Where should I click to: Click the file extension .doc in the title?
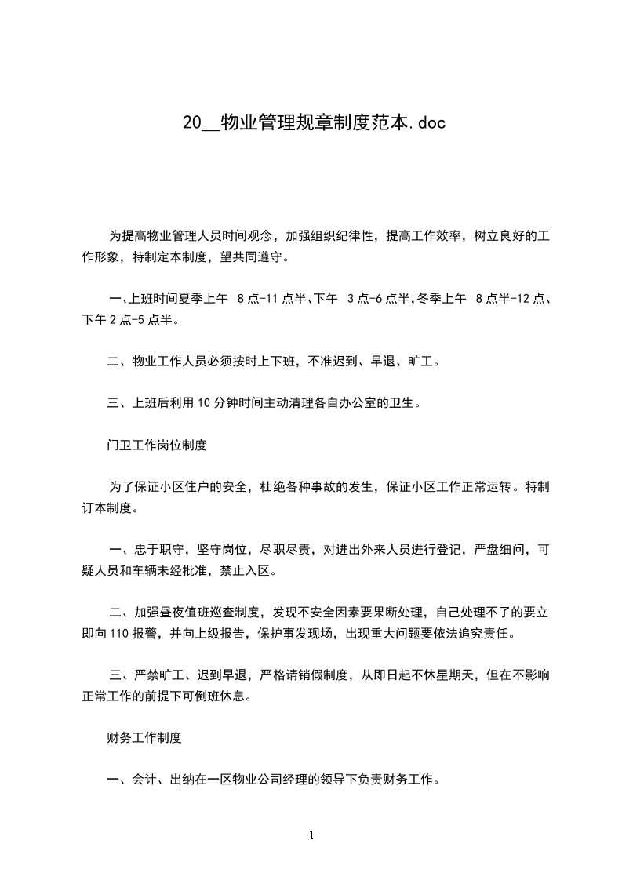point(427,122)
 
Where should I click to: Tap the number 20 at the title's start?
point(191,122)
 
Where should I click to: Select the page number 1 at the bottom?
point(311,835)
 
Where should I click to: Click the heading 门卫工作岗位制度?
point(157,445)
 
